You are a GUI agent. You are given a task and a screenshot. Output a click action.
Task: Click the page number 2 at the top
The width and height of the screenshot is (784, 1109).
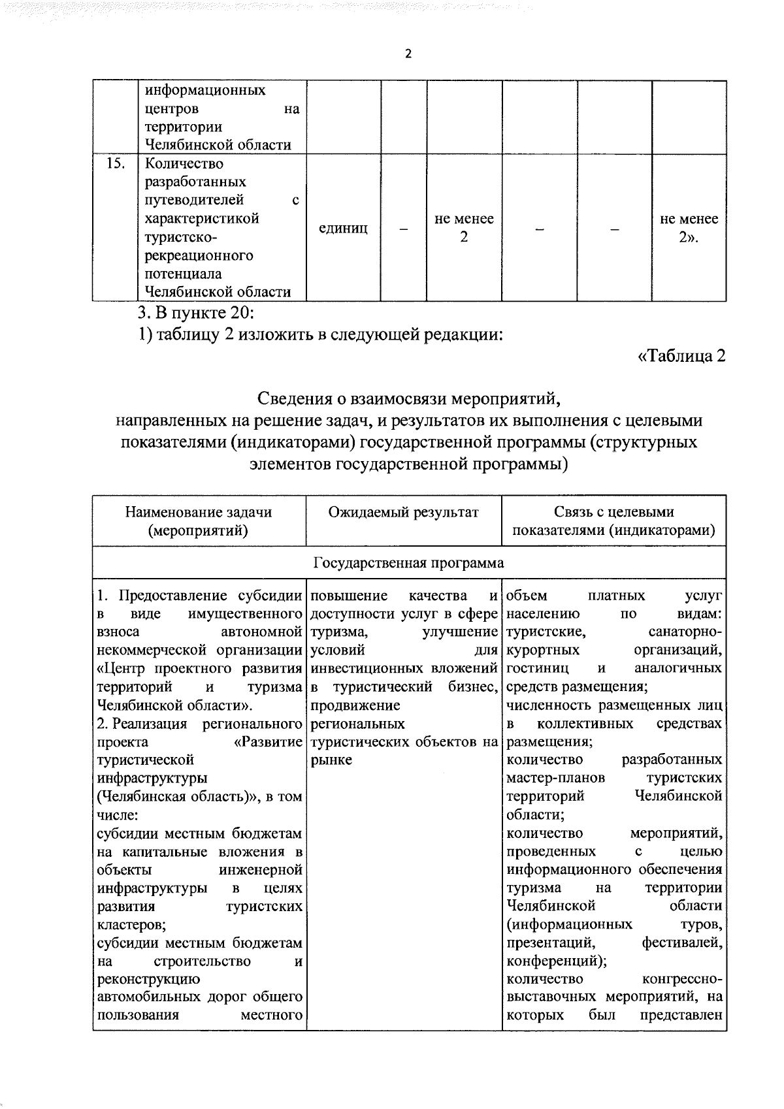(408, 55)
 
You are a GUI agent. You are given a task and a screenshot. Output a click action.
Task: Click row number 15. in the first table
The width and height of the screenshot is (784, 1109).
(115, 163)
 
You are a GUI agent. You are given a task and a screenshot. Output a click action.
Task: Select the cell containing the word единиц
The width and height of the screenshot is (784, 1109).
(343, 228)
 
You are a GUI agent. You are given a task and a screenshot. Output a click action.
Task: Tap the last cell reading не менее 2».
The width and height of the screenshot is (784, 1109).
(689, 228)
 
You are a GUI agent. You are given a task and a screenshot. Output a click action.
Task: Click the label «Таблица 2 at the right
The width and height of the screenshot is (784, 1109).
(681, 357)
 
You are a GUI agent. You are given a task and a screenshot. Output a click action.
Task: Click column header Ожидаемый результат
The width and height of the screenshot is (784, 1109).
(403, 512)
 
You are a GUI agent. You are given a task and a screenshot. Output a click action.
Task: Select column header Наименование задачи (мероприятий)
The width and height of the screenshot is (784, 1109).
(199, 521)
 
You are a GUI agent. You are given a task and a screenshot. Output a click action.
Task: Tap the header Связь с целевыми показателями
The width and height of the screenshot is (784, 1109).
(613, 521)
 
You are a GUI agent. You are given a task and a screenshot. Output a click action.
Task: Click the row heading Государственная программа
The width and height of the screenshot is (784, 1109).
(409, 563)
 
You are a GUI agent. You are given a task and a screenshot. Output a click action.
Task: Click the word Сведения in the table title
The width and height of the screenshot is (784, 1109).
(295, 398)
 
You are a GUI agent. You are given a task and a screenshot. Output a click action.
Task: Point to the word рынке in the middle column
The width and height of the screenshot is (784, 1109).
(331, 760)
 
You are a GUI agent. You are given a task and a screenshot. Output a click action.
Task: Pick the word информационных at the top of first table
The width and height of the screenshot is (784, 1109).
(204, 90)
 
